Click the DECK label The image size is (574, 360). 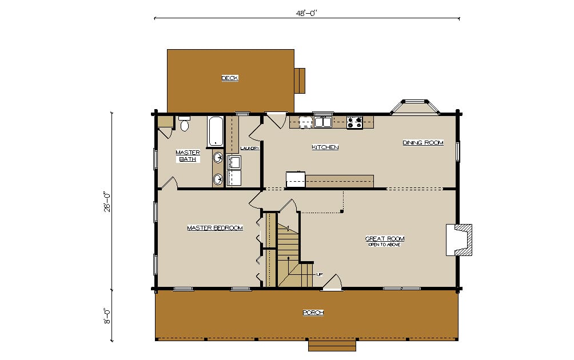coord(230,78)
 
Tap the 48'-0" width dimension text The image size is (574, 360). coord(306,13)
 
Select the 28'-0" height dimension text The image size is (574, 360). coord(107,202)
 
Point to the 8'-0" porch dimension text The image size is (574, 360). coord(107,316)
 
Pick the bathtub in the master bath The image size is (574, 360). coord(215,131)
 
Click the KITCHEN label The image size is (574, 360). coord(325,147)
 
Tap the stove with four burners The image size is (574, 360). coord(354,122)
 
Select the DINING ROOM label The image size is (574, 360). coord(423,142)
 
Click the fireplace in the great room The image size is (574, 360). coord(459,239)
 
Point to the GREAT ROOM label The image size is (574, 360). coord(385,238)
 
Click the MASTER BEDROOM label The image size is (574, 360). coord(215,228)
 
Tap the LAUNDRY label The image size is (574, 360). coord(250,148)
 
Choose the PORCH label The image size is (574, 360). coord(313,313)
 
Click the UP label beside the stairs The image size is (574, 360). coord(319,274)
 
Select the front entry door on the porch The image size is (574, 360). coord(332,283)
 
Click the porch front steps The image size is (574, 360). coord(332,346)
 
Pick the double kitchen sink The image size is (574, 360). coord(323,122)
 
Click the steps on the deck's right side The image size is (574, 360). coord(300,81)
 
